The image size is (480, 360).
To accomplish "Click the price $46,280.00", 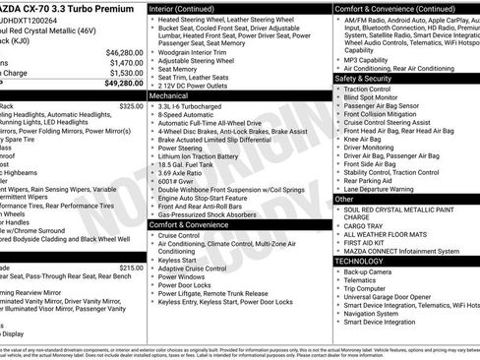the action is (124, 52).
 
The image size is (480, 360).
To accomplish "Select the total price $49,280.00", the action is (124, 84).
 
